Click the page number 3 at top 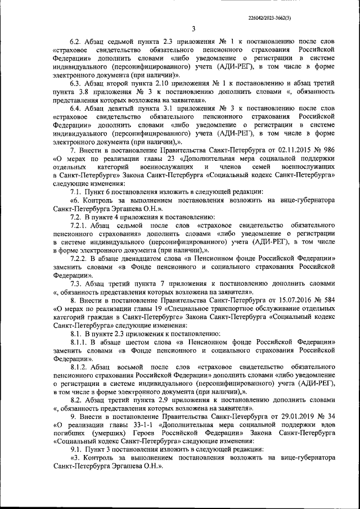[x=193, y=30]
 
